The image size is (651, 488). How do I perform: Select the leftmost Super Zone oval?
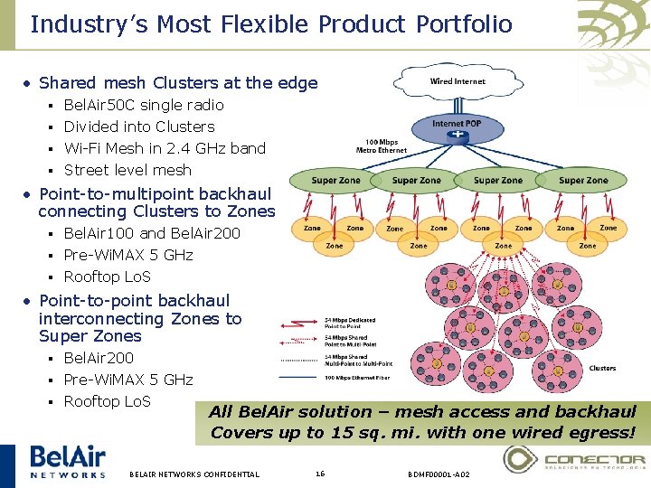click(335, 181)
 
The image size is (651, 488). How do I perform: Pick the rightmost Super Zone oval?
click(583, 181)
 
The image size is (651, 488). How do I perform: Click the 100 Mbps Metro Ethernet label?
click(385, 145)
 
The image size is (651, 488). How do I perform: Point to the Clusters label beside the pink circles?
click(602, 368)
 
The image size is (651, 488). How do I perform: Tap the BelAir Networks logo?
click(67, 461)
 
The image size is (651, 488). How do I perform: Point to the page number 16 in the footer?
click(320, 474)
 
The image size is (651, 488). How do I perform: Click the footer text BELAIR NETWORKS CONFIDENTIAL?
click(194, 474)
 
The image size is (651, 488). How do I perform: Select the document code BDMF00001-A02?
click(439, 474)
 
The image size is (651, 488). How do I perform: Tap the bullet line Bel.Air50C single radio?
click(144, 105)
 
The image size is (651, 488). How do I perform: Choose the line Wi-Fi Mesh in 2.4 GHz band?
click(165, 148)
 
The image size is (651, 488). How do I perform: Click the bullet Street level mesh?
click(127, 170)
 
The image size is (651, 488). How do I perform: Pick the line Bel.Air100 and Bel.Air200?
click(152, 233)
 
